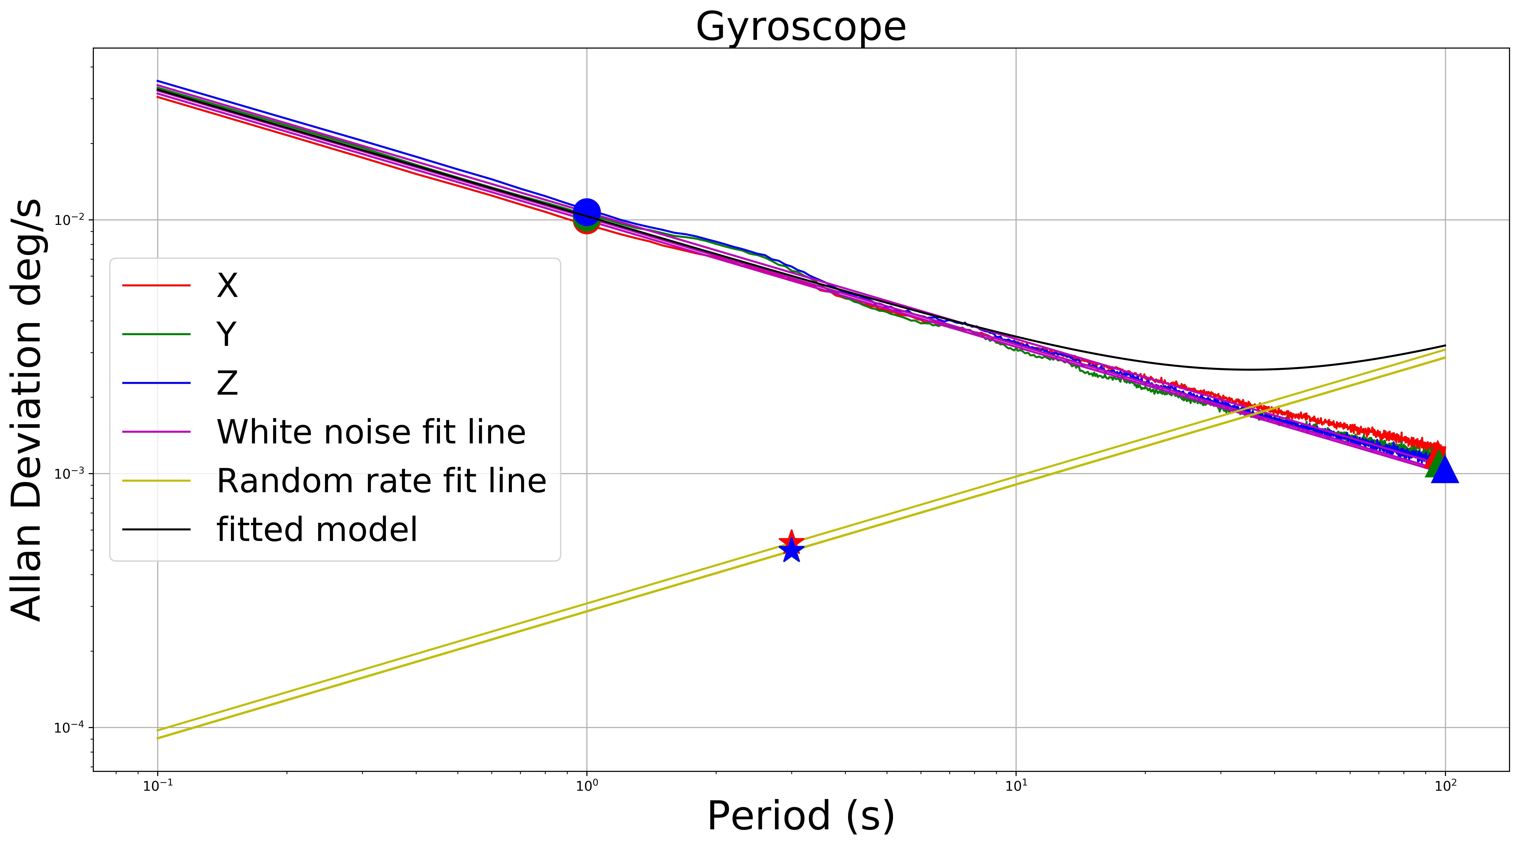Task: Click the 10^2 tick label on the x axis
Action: point(1445,786)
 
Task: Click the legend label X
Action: point(227,285)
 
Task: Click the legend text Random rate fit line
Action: point(381,481)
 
